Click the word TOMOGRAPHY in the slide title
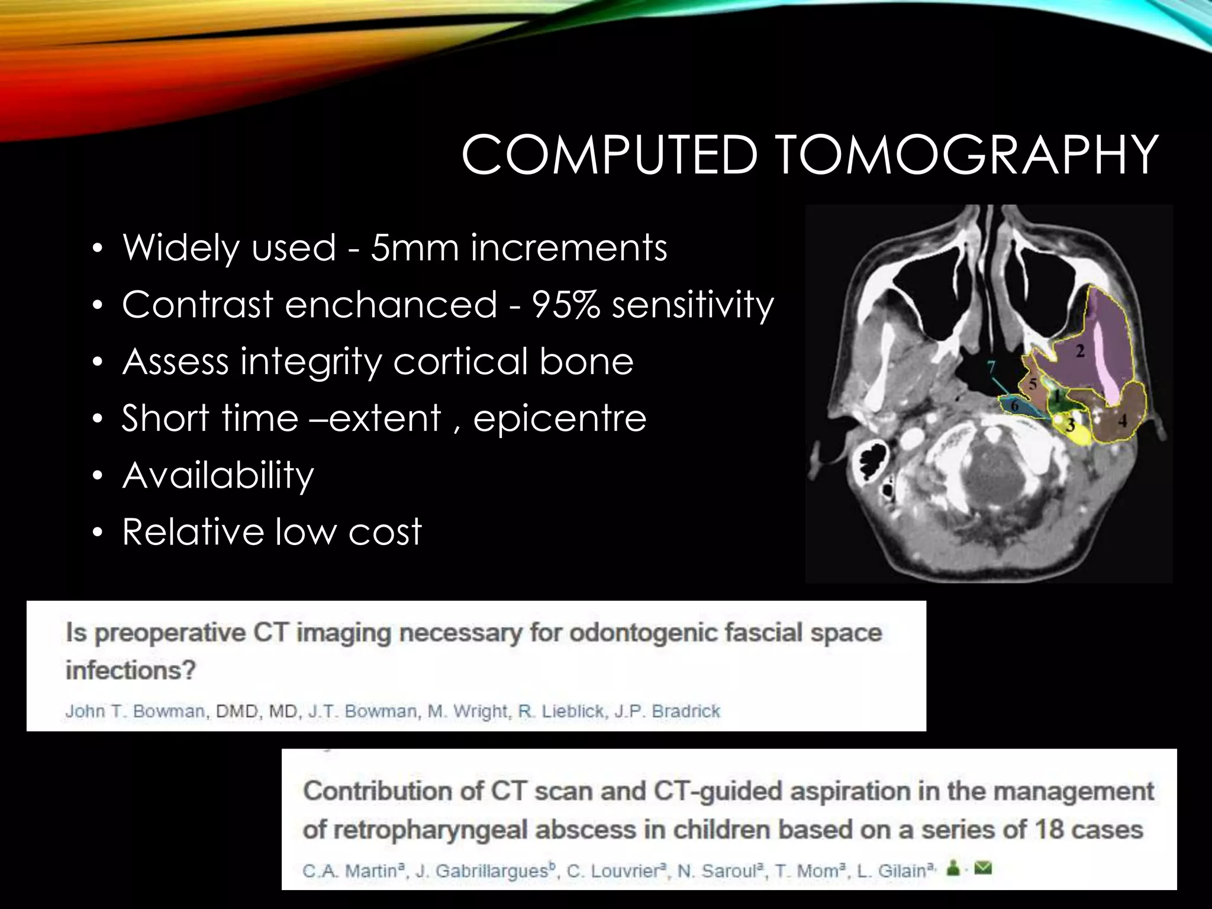pos(966,155)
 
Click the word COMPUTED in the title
pos(610,155)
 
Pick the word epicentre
pos(559,418)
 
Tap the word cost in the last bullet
pos(385,531)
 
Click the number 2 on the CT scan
pos(1080,352)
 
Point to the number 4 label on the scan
pos(1123,421)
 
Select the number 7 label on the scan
pos(991,368)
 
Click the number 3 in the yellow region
pos(1070,425)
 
